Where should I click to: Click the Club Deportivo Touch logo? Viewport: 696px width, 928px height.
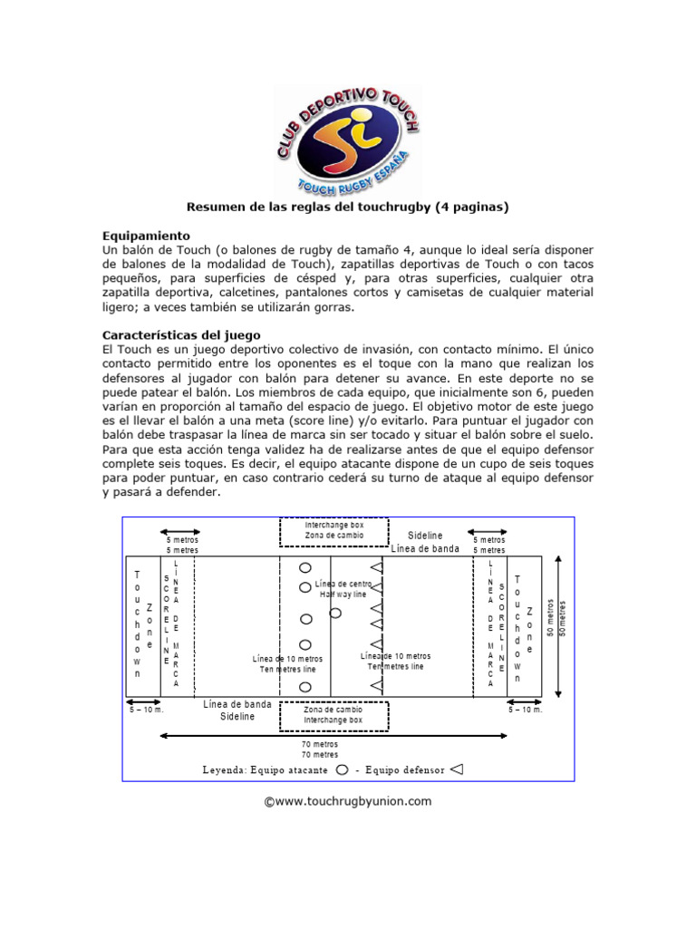coord(347,135)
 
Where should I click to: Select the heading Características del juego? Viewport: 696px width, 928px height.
coord(182,333)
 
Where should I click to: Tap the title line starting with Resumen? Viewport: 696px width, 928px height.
coord(347,207)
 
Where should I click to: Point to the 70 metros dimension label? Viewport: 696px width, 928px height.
coord(319,749)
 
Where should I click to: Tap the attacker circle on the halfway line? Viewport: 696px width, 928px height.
coord(335,613)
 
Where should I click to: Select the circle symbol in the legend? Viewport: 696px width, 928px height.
coord(342,769)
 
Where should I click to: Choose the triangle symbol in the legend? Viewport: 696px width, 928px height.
coord(457,769)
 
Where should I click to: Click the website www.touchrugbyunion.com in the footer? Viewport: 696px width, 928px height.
coord(348,801)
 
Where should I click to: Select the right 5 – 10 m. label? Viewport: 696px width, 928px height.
coord(525,710)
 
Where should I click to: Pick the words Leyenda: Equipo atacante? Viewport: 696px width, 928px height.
coord(266,770)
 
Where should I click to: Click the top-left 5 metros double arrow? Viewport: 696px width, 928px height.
coord(180,532)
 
